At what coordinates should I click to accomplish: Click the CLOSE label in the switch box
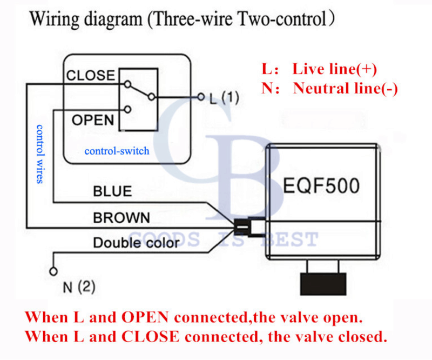point(90,75)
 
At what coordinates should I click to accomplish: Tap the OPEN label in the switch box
point(92,119)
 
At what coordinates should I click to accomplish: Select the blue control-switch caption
point(117,151)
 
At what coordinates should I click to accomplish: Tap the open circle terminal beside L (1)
point(201,98)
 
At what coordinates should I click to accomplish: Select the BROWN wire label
point(122,218)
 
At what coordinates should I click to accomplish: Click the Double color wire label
point(136,243)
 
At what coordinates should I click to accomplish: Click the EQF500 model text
point(321,186)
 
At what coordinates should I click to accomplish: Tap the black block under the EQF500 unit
point(322,283)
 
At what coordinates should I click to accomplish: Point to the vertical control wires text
point(39,154)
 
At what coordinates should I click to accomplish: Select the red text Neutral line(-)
point(346,89)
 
